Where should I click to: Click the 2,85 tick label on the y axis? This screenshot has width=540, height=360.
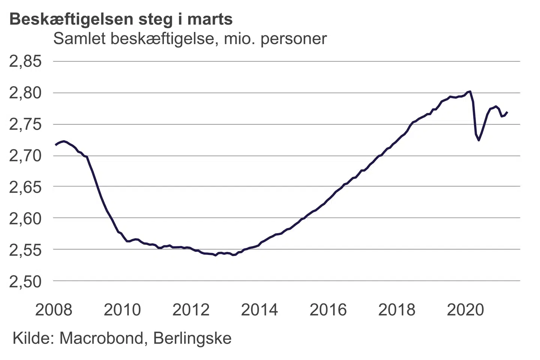pyautogui.click(x=25, y=61)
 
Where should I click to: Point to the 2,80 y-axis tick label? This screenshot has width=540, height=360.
pyautogui.click(x=25, y=93)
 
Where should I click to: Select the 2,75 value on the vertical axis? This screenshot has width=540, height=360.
pyautogui.click(x=25, y=124)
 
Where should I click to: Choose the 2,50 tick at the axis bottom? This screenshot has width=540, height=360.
pyautogui.click(x=25, y=281)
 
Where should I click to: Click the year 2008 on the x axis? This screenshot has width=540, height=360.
pyautogui.click(x=54, y=310)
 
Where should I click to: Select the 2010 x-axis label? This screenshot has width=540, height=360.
pyautogui.click(x=122, y=310)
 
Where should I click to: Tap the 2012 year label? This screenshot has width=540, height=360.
pyautogui.click(x=191, y=310)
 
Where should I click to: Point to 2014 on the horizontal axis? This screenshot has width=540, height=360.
pyautogui.click(x=259, y=310)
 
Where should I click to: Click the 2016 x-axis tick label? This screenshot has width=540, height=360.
pyautogui.click(x=328, y=310)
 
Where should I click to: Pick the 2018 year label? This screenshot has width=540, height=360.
pyautogui.click(x=397, y=310)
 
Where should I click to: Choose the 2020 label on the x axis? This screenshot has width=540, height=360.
pyautogui.click(x=465, y=310)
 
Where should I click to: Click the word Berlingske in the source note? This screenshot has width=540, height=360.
pyautogui.click(x=192, y=338)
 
